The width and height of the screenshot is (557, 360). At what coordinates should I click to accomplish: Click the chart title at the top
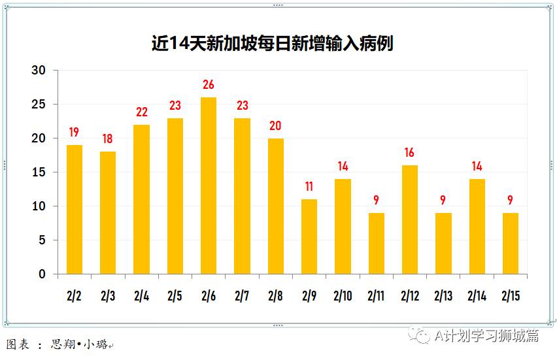272,44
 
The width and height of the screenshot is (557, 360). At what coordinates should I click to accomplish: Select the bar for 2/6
209,186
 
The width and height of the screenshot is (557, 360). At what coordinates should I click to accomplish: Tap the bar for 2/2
75,209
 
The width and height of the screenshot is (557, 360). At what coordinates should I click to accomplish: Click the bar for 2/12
410,220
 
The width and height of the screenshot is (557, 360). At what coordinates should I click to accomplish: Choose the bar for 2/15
511,243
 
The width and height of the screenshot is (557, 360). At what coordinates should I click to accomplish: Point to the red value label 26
209,85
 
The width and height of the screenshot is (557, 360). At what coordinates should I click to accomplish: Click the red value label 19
75,133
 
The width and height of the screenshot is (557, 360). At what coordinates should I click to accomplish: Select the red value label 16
410,153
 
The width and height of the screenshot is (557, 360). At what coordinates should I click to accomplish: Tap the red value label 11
309,187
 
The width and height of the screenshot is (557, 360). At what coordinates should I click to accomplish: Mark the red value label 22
142,112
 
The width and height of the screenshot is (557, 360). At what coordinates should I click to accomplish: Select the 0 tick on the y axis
42,274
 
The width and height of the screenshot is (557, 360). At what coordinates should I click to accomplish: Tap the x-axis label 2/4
142,296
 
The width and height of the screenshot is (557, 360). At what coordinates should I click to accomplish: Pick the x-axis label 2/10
343,296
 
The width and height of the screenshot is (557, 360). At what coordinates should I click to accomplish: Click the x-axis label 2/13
443,296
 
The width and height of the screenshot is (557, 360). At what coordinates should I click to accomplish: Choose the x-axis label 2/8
276,296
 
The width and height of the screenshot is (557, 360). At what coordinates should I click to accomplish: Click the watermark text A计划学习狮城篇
486,335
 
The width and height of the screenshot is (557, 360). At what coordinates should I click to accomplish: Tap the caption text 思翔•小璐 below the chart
78,344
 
